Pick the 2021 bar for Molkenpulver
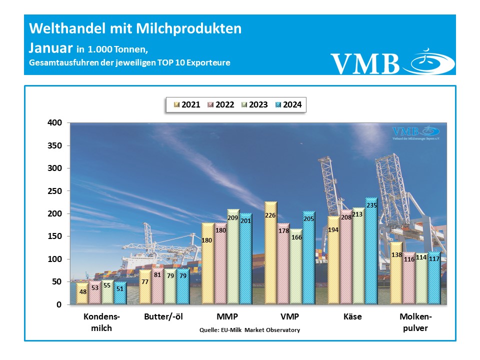click(x=396, y=272)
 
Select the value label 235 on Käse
click(x=371, y=205)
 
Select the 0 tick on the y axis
click(x=59, y=304)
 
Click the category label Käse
click(x=352, y=317)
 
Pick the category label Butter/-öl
click(x=162, y=317)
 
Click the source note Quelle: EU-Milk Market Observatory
click(x=249, y=330)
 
